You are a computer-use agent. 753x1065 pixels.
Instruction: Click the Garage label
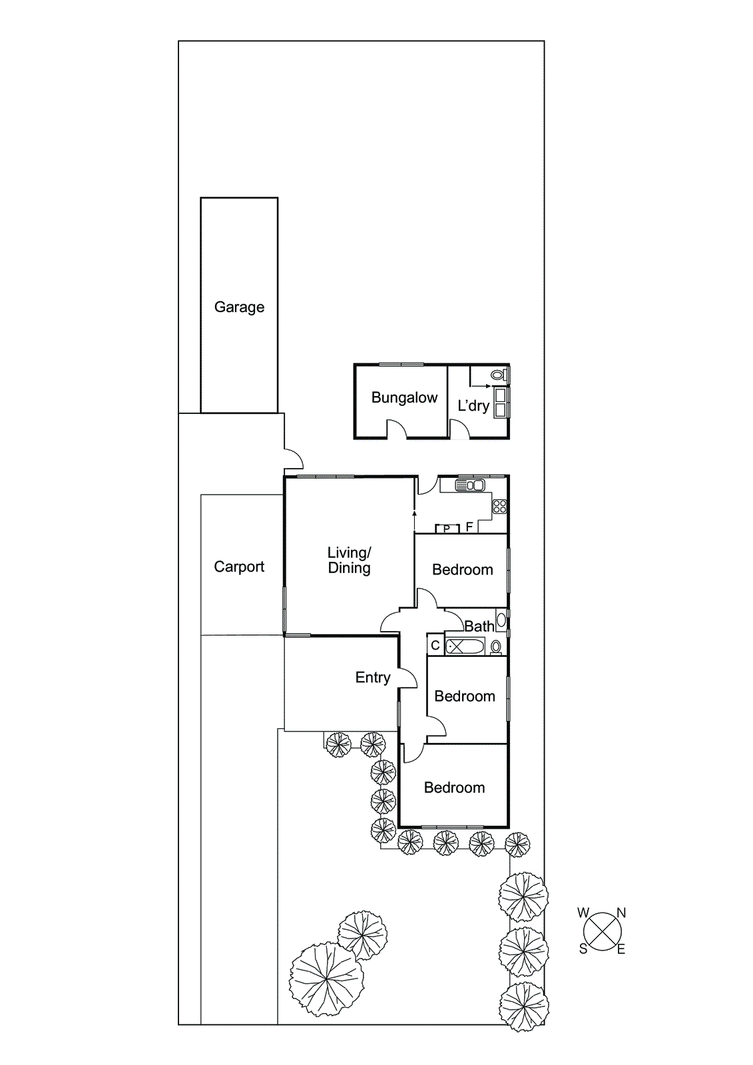pyautogui.click(x=239, y=307)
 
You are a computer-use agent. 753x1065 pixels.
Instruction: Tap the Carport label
pyautogui.click(x=239, y=566)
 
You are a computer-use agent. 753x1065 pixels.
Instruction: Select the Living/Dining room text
pyautogui.click(x=349, y=560)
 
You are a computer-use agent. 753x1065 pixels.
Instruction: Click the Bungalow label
pyautogui.click(x=404, y=397)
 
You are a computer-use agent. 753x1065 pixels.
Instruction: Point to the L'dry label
pyautogui.click(x=473, y=405)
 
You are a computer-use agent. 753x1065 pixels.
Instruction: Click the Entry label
pyautogui.click(x=372, y=678)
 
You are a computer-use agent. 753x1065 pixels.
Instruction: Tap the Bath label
pyautogui.click(x=479, y=626)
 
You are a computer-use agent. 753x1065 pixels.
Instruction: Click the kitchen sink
pyautogui.click(x=471, y=485)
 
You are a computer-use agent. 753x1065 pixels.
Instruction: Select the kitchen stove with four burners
pyautogui.click(x=499, y=506)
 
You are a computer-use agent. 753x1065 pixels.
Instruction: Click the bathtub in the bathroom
pyautogui.click(x=464, y=646)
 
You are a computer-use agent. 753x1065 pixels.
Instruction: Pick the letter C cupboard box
pyautogui.click(x=435, y=645)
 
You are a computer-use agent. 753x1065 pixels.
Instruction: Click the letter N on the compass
pyautogui.click(x=621, y=913)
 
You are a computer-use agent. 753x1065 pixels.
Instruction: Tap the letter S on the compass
pyautogui.click(x=583, y=949)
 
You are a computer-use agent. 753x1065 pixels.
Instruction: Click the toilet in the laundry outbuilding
pyautogui.click(x=497, y=375)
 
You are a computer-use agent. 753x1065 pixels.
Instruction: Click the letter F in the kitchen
pyautogui.click(x=469, y=527)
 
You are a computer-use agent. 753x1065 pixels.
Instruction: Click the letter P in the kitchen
pyautogui.click(x=447, y=529)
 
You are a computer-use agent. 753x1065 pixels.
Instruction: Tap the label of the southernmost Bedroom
pyautogui.click(x=455, y=787)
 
